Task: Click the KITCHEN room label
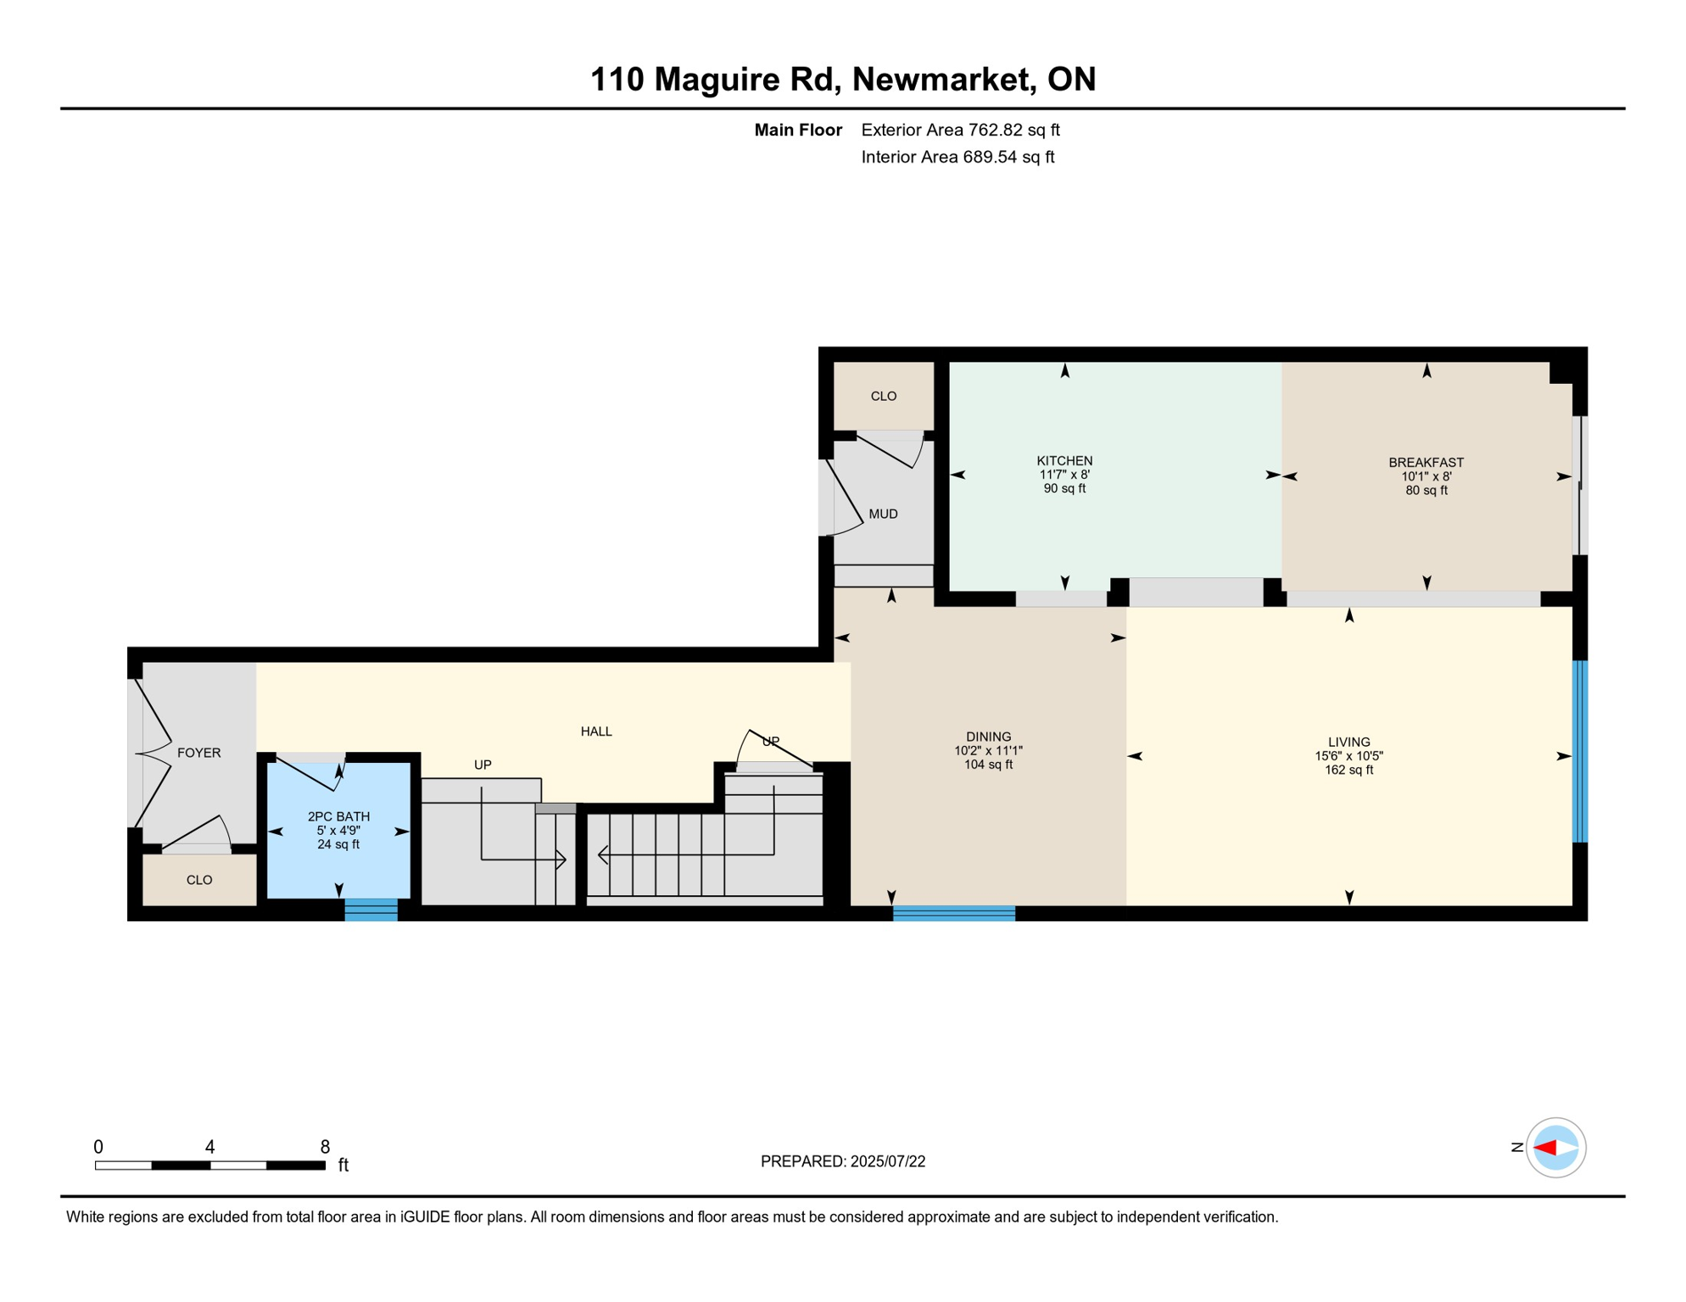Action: tap(1064, 461)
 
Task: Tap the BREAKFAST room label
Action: tap(1426, 463)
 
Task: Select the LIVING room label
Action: tap(1348, 742)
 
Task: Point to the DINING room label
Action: tap(988, 737)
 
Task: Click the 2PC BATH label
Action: tap(338, 817)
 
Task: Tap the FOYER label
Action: tap(198, 753)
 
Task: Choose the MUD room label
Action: tap(883, 514)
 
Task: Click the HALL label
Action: tap(596, 732)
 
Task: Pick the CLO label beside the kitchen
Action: tap(883, 396)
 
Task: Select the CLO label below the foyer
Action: tap(198, 880)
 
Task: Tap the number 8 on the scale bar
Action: tap(325, 1147)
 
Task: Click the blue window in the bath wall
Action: tap(371, 910)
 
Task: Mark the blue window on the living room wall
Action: tap(1580, 752)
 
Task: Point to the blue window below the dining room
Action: tap(954, 913)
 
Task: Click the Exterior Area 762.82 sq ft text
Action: tap(960, 130)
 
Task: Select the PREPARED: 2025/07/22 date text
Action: tap(842, 1161)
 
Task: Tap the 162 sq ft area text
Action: tap(1348, 770)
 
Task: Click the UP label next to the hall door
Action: tap(770, 742)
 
